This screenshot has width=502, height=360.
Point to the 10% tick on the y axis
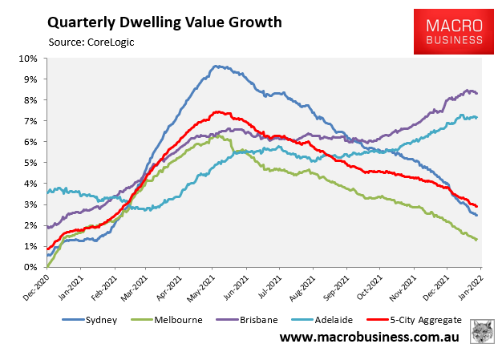(x=30, y=59)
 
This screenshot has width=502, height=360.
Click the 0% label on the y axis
(x=31, y=266)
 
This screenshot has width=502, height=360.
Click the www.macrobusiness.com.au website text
(x=369, y=338)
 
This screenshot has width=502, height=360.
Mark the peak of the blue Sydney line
(x=214, y=66)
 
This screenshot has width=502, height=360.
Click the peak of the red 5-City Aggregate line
(x=217, y=111)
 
